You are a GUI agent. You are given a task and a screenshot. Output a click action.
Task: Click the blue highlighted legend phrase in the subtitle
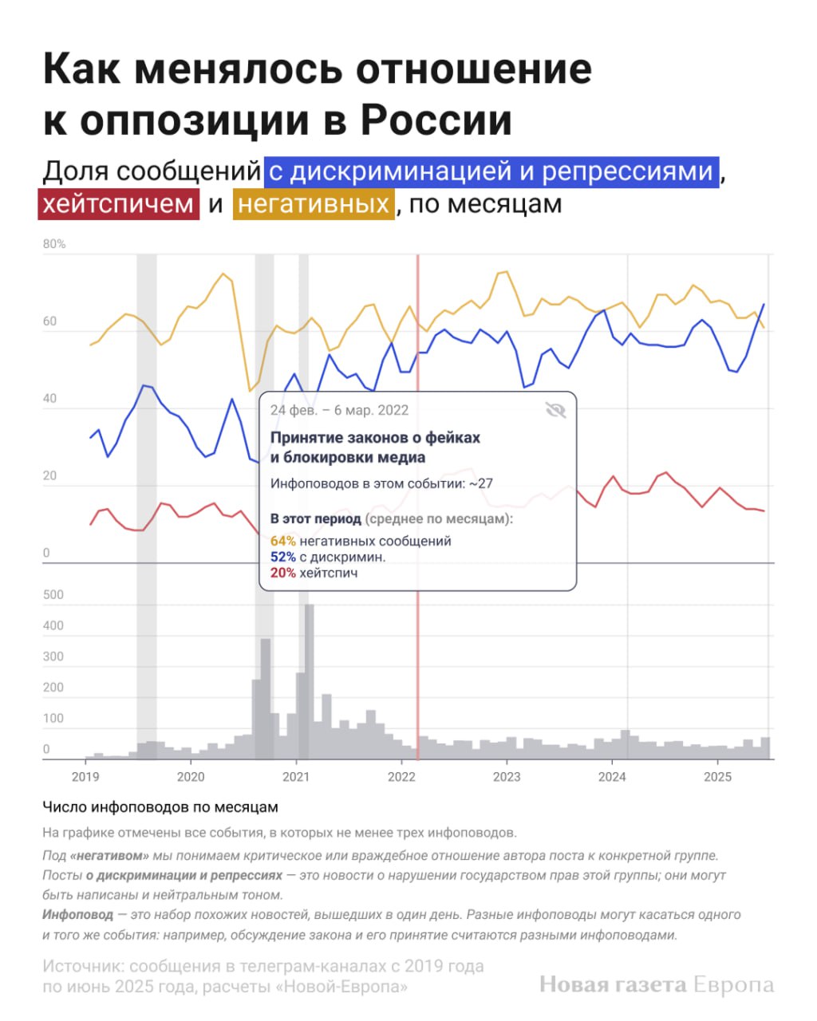click(491, 171)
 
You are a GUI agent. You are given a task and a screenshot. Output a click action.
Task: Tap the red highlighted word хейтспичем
click(118, 204)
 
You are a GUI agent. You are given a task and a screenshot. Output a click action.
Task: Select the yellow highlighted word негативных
click(314, 204)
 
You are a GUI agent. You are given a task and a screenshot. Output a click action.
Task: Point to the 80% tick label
click(54, 244)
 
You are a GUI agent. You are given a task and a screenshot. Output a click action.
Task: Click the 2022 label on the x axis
click(401, 776)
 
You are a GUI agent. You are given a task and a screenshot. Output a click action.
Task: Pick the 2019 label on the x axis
click(85, 776)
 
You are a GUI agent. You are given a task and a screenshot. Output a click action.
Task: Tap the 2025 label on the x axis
click(717, 776)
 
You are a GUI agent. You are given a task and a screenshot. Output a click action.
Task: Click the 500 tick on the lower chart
click(53, 594)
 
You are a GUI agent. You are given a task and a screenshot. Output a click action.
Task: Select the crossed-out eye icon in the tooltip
click(555, 410)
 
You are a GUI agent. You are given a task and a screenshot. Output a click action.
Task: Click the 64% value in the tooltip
click(283, 541)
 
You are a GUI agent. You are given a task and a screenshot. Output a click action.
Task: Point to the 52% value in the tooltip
click(283, 557)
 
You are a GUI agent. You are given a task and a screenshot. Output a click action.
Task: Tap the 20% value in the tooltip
click(283, 573)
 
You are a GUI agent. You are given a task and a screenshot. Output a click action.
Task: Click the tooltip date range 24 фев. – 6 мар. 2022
click(339, 410)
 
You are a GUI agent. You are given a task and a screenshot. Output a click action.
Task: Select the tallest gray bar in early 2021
click(309, 682)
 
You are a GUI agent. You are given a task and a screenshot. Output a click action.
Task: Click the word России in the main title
click(436, 120)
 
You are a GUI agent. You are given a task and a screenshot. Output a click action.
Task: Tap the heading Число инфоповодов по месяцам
click(160, 807)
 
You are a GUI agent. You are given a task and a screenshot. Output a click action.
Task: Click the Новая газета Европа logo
click(657, 985)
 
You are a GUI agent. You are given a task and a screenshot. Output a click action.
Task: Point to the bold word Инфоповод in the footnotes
click(77, 915)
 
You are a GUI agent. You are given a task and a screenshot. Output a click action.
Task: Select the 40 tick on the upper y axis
click(50, 399)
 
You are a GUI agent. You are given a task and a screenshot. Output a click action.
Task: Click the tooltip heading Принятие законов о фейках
click(375, 437)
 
